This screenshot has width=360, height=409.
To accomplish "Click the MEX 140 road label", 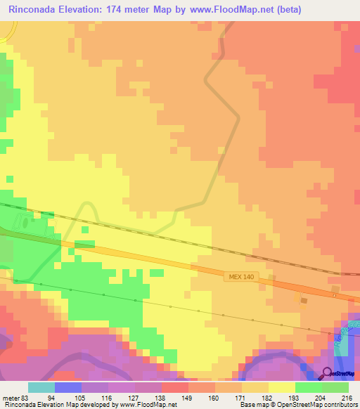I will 240,278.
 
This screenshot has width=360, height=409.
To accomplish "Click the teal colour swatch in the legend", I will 41,387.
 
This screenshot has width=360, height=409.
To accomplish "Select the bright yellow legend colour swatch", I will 282,387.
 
